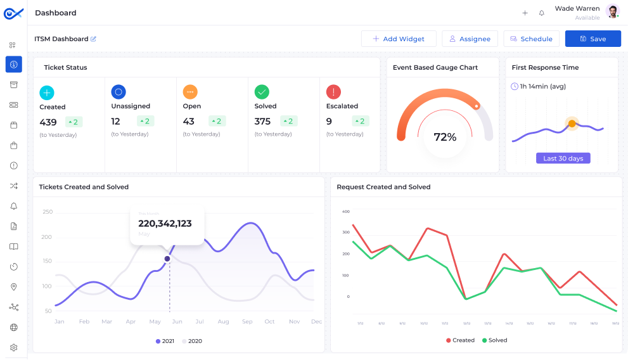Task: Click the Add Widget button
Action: (399, 39)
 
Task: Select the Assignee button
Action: (470, 39)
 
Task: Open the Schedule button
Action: (531, 39)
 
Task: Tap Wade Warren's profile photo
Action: (612, 11)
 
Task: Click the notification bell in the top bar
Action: (542, 13)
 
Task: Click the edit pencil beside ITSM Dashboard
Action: (94, 39)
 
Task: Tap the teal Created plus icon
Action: (47, 93)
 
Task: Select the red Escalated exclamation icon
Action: (333, 92)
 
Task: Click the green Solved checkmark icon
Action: (262, 92)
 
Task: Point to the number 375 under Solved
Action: (262, 122)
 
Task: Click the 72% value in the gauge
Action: (445, 137)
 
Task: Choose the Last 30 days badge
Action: (563, 158)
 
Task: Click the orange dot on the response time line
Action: (572, 124)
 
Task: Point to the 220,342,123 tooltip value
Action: (165, 224)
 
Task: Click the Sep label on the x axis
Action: (247, 322)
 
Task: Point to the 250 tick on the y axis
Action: (48, 212)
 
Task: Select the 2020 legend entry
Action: (192, 341)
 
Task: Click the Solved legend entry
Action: (494, 340)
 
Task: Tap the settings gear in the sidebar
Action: (14, 347)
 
